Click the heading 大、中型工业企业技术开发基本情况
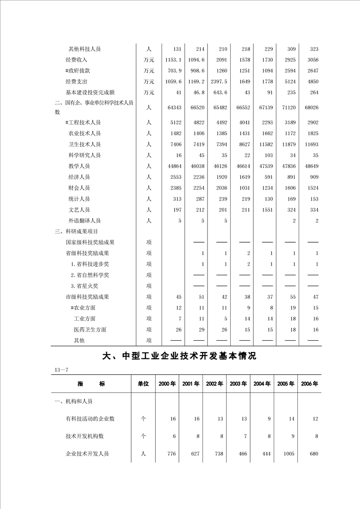(179, 357)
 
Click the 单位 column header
(143, 384)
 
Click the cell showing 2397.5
(219, 82)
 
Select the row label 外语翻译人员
(84, 220)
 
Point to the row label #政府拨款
(78, 71)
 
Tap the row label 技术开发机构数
(85, 436)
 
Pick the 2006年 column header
(309, 384)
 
